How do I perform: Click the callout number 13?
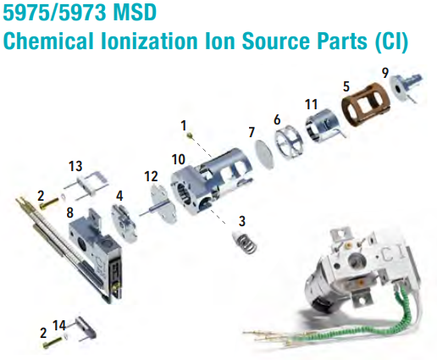point(75,163)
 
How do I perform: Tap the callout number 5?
point(346,86)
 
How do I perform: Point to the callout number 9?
point(385,73)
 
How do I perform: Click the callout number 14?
point(59,324)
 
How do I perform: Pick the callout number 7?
point(251,132)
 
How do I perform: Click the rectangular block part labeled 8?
point(91,246)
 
